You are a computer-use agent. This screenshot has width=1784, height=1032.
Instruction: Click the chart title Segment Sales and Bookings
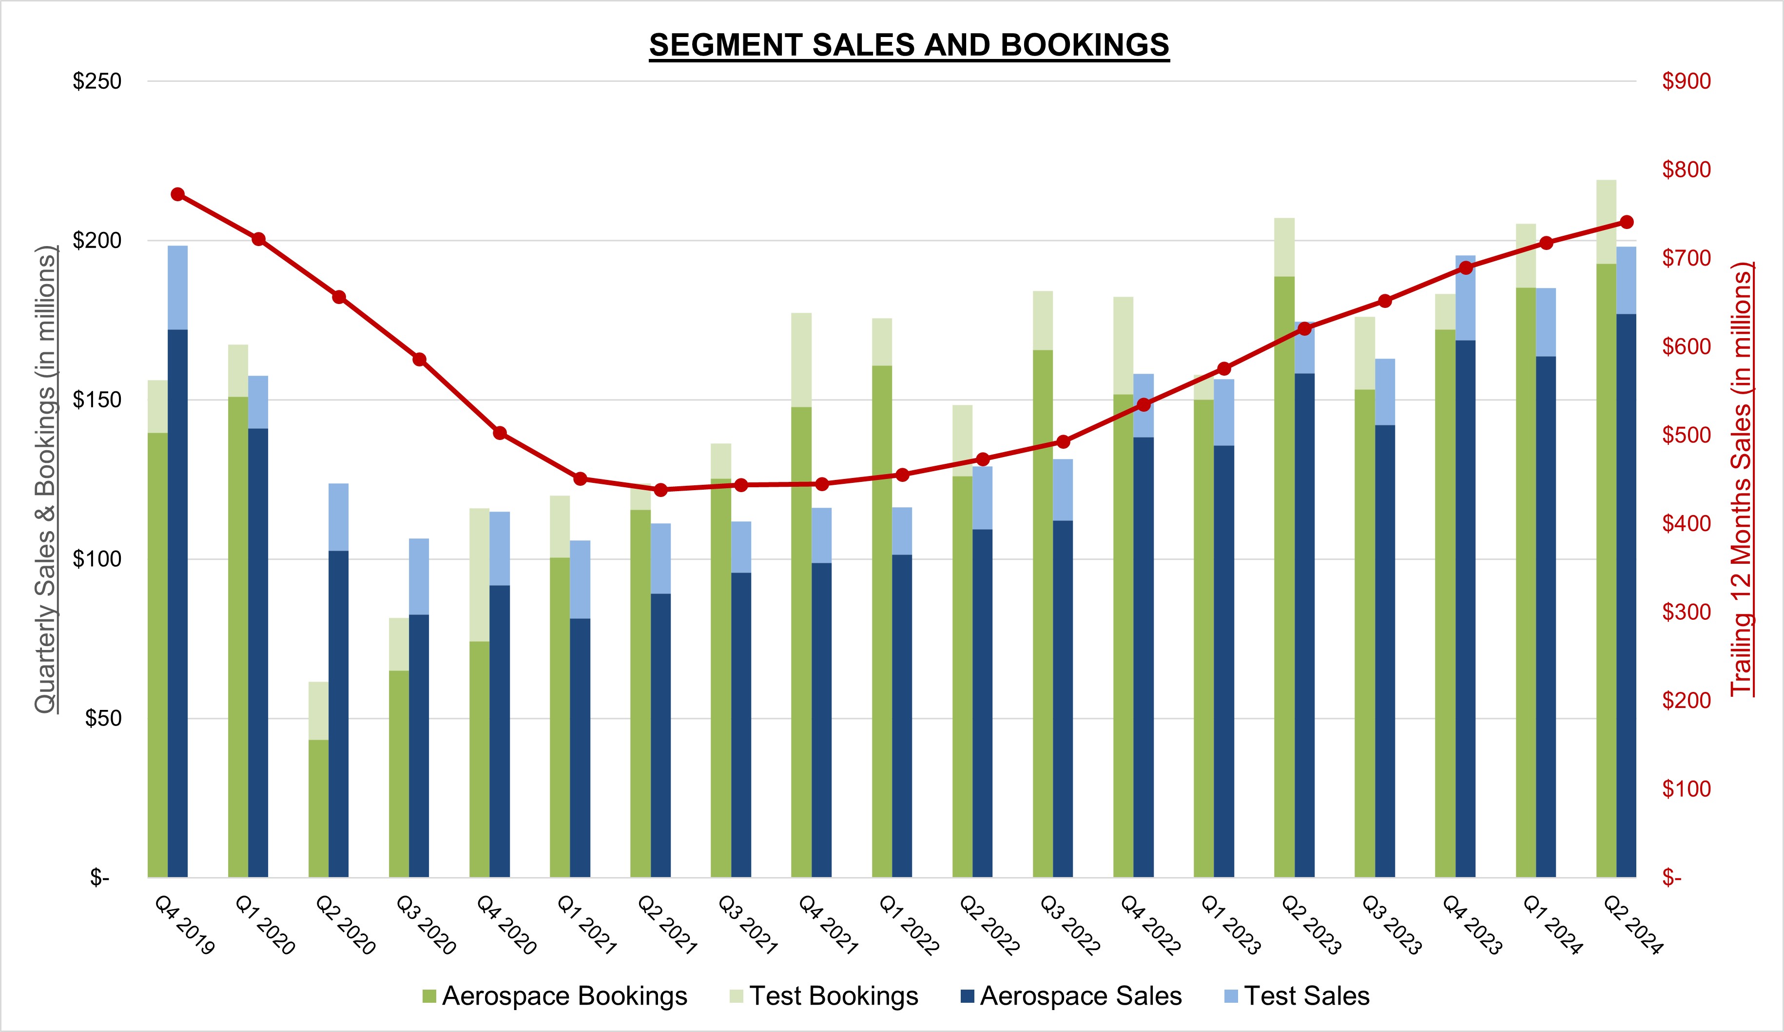909,45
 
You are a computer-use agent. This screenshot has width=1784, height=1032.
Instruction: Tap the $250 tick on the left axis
97,81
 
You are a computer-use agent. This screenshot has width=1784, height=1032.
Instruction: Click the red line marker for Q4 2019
178,194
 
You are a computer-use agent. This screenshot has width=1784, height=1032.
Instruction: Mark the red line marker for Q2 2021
660,490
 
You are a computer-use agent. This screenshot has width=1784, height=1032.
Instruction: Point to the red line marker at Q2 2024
1626,222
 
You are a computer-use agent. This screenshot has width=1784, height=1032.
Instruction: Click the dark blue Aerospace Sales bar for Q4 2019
178,602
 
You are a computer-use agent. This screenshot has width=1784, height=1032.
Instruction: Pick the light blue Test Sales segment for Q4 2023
1465,297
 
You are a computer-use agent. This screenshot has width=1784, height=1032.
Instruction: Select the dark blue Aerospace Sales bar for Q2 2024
1626,594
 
